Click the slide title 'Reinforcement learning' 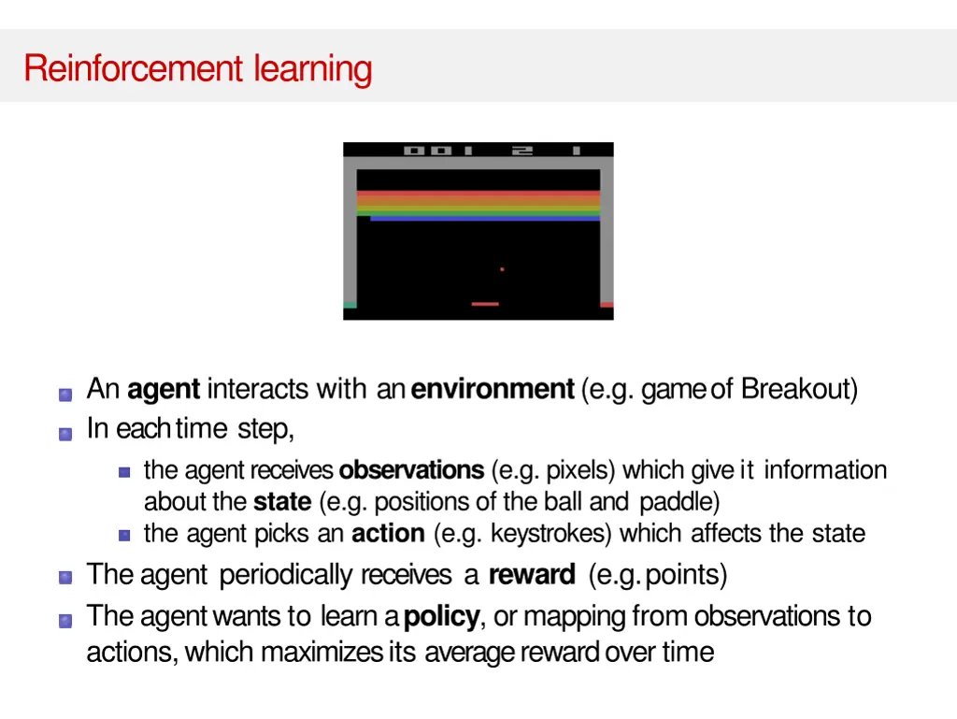pyautogui.click(x=198, y=68)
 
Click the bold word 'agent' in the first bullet pyautogui.click(x=164, y=389)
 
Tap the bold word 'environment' pyautogui.click(x=492, y=389)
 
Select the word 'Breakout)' pyautogui.click(x=799, y=389)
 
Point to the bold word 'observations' pyautogui.click(x=411, y=469)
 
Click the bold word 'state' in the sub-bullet pyautogui.click(x=281, y=502)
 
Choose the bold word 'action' pyautogui.click(x=388, y=534)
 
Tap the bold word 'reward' pyautogui.click(x=531, y=574)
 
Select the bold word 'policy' pyautogui.click(x=441, y=617)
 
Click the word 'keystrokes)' pyautogui.click(x=551, y=534)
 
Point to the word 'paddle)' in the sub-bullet pyautogui.click(x=679, y=502)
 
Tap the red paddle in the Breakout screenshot pyautogui.click(x=485, y=304)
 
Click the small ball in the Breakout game pyautogui.click(x=502, y=269)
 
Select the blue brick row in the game pyautogui.click(x=484, y=219)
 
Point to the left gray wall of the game pyautogui.click(x=350, y=234)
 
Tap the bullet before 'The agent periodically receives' pyautogui.click(x=65, y=577)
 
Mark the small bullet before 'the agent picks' pyautogui.click(x=124, y=536)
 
